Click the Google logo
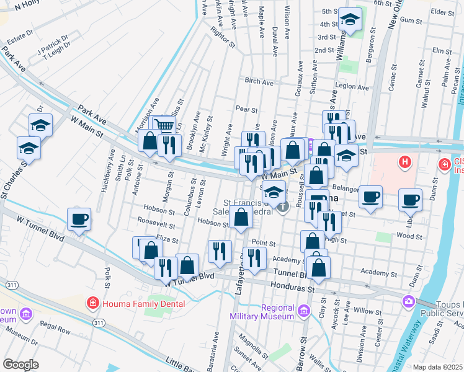tap(20, 364)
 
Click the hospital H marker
tap(404, 163)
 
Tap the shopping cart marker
tap(164, 126)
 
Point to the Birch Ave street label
tap(259, 81)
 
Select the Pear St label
tap(246, 109)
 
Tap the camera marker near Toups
tap(408, 301)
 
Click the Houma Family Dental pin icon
tap(92, 303)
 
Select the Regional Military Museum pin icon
tap(304, 311)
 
